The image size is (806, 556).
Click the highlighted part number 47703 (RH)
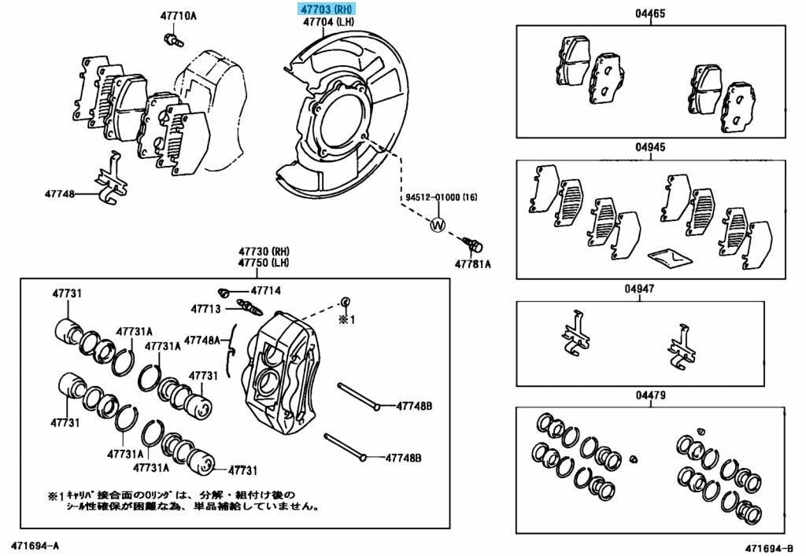click(x=327, y=9)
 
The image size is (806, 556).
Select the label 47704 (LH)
click(x=328, y=22)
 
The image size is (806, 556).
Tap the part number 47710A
click(x=178, y=16)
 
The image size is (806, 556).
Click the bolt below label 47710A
click(x=173, y=39)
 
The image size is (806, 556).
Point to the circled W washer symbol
click(x=438, y=224)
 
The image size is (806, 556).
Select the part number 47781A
click(x=472, y=264)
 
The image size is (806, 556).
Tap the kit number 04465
click(x=649, y=14)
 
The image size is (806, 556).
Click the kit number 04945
click(x=649, y=148)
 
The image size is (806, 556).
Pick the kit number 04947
click(x=639, y=289)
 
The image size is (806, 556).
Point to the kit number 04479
click(x=650, y=396)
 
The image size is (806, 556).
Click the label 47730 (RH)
click(x=264, y=252)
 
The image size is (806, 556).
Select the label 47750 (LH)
click(x=264, y=263)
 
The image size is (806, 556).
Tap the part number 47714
click(x=266, y=291)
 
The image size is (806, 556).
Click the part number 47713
click(x=205, y=308)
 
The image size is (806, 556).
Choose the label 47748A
click(x=201, y=340)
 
